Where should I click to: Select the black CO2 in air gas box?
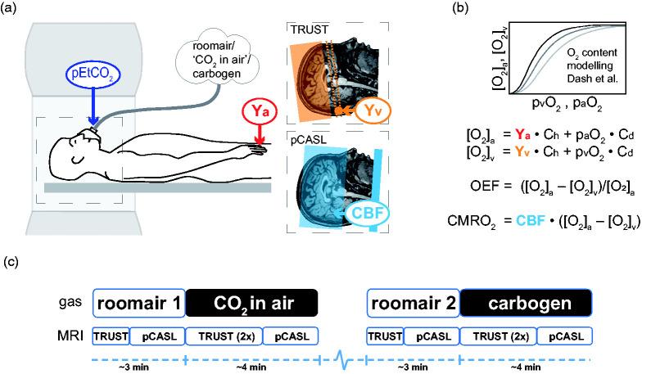pyautogui.click(x=252, y=305)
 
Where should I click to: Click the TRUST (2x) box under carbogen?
pyautogui.click(x=499, y=335)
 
